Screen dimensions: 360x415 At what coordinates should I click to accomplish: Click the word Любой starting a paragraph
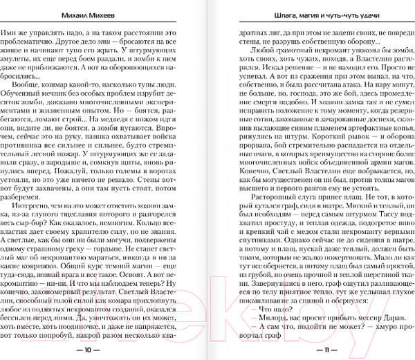253,52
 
